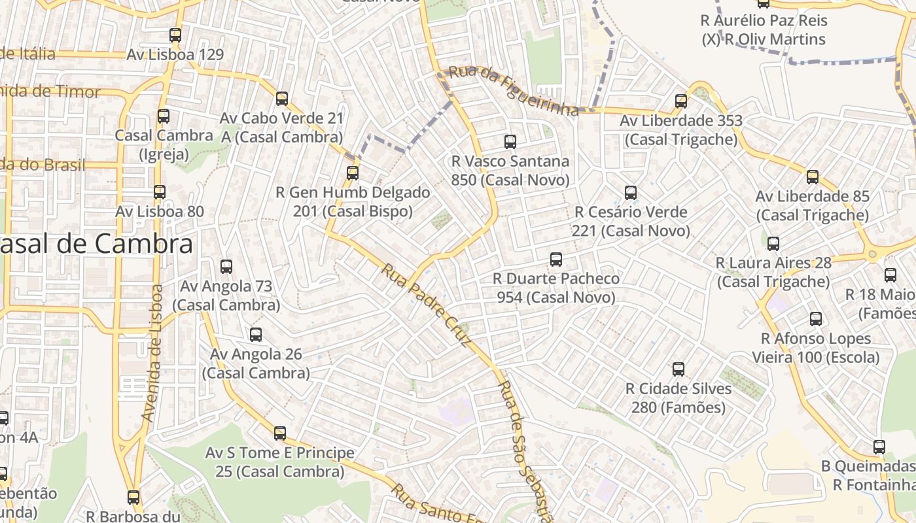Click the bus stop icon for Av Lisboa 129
pyautogui.click(x=175, y=35)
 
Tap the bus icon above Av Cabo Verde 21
pyautogui.click(x=282, y=99)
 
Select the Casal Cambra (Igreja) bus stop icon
pyautogui.click(x=163, y=116)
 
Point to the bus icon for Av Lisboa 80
pyautogui.click(x=160, y=192)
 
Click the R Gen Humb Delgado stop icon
pyautogui.click(x=353, y=173)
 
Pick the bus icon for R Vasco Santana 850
pyautogui.click(x=510, y=141)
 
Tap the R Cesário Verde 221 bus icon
pyautogui.click(x=631, y=193)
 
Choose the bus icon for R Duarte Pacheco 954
pyautogui.click(x=556, y=260)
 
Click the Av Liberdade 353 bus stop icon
pyautogui.click(x=681, y=101)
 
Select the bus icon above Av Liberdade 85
pyautogui.click(x=813, y=177)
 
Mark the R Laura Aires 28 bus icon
pyautogui.click(x=773, y=244)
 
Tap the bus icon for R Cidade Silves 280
pyautogui.click(x=678, y=369)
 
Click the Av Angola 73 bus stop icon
pyautogui.click(x=226, y=267)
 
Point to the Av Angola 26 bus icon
pyautogui.click(x=256, y=335)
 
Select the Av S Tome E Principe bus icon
pyautogui.click(x=280, y=433)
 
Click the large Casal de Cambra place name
pyautogui.click(x=97, y=245)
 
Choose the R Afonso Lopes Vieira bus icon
pyautogui.click(x=816, y=319)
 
